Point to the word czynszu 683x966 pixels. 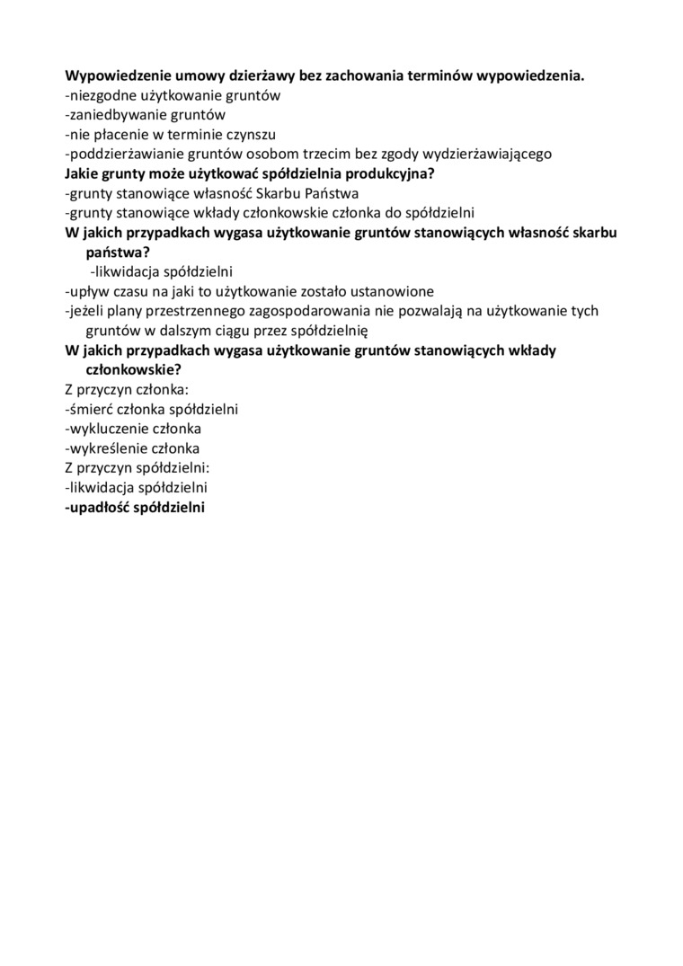249,135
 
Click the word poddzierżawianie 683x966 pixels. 122,154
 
